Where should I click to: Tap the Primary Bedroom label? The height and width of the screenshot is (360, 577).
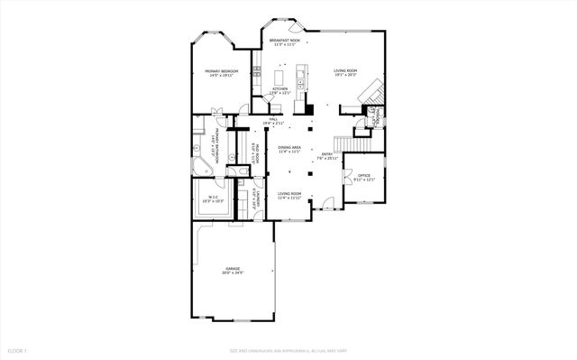pos(220,73)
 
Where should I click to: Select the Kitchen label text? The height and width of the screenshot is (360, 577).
pos(279,90)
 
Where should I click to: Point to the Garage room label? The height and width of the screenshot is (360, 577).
pos(234,269)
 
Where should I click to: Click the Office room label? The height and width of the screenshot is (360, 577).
pos(364,177)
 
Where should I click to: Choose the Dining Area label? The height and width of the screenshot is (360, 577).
pos(289,151)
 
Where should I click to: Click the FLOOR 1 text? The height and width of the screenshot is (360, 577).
pos(17,349)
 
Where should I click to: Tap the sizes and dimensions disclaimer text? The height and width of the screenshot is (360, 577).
pos(288,349)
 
